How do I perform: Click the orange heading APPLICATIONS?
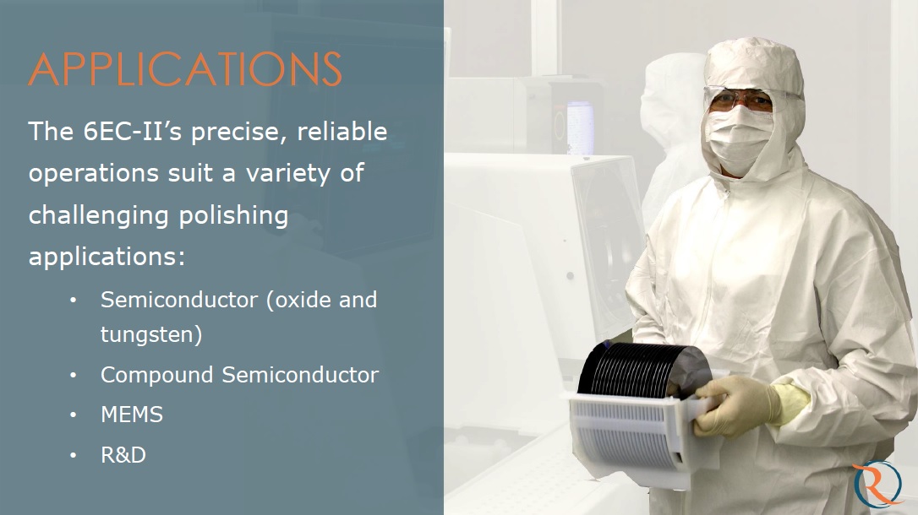coord(185,69)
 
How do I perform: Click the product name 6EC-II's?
coord(133,132)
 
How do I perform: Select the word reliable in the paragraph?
coord(342,132)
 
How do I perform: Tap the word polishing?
coord(233,216)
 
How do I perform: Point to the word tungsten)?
coord(151,334)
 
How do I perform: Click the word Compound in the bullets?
coord(156,376)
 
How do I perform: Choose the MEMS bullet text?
coord(132,415)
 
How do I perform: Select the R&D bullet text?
coord(123,455)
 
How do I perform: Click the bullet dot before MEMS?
coord(74,415)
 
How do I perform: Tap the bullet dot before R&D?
coord(74,455)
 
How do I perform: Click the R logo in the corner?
coord(877,484)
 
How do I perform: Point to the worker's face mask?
coord(739,139)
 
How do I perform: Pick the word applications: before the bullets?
coord(107,257)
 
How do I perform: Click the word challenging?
coord(100,216)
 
